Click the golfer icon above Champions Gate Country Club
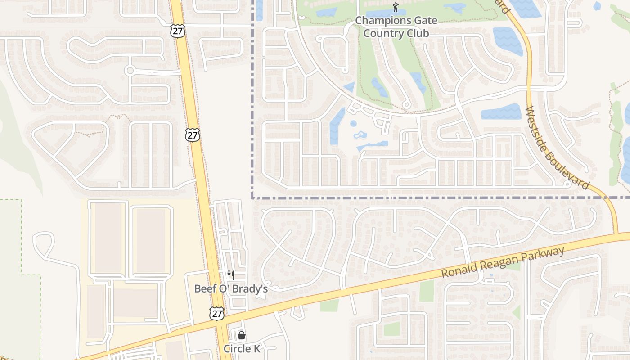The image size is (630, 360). coord(396,7)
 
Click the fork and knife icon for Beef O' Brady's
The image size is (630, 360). coord(231,275)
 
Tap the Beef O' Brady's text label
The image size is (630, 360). coord(231,289)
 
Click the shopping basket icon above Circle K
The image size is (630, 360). coord(242,335)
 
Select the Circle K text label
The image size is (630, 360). coord(242,349)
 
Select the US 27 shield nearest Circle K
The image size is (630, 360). coord(217,314)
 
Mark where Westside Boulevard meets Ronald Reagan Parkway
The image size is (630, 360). coord(615,234)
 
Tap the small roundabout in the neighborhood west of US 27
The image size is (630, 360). coord(130,70)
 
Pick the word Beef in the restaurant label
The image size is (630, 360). coord(204,289)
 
